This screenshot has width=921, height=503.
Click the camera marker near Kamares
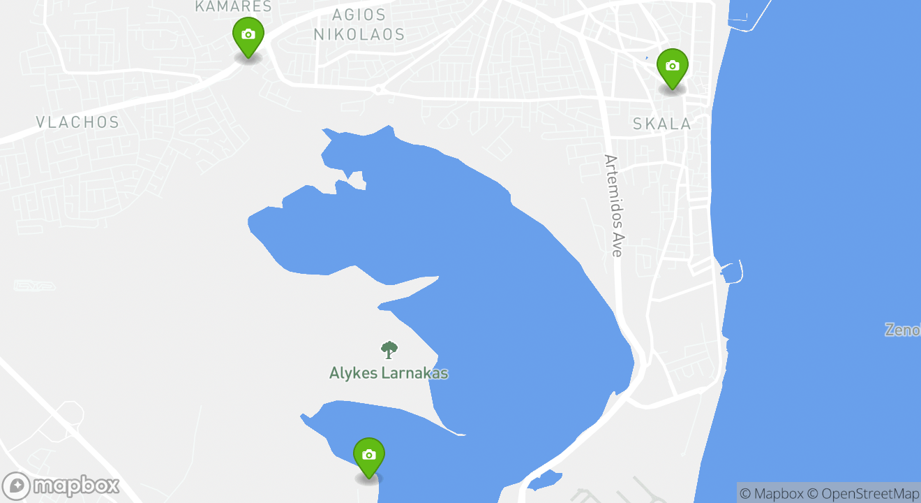pos(248,36)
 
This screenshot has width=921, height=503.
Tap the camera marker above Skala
pos(672,67)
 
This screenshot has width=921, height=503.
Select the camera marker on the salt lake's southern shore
pos(369,456)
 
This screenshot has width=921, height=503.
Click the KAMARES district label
pos(233,6)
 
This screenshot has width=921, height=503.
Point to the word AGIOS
pos(359,15)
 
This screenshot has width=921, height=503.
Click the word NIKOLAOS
pos(359,34)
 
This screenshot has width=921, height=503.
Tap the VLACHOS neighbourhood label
pos(77,122)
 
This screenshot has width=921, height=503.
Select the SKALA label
pos(661,124)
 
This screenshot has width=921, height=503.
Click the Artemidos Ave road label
pos(613,205)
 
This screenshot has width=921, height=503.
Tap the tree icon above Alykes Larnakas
pos(389,349)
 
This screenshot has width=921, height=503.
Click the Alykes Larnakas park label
pos(389,373)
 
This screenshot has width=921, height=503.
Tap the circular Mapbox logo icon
pos(16,486)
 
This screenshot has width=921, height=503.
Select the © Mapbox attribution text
pos(772,493)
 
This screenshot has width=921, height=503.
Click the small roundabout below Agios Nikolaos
pos(378,89)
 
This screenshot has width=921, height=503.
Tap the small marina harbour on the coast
pos(731,271)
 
